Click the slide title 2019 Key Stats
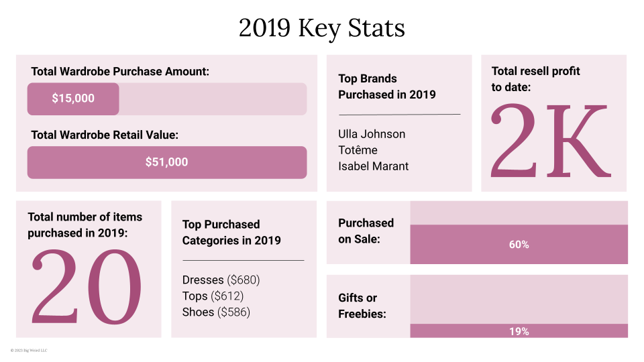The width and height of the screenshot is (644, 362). pyautogui.click(x=322, y=29)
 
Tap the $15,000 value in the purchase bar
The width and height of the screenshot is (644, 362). pyautogui.click(x=73, y=99)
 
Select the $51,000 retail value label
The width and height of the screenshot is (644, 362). pyautogui.click(x=166, y=162)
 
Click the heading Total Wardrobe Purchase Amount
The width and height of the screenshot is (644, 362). pyautogui.click(x=120, y=71)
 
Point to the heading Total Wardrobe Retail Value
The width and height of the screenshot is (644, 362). pyautogui.click(x=105, y=135)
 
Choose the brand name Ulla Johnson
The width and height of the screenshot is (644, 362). pyautogui.click(x=372, y=134)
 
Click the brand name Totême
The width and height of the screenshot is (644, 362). pyautogui.click(x=358, y=150)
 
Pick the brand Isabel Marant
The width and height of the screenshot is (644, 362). pyautogui.click(x=373, y=166)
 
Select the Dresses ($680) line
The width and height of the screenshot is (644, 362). pyautogui.click(x=221, y=280)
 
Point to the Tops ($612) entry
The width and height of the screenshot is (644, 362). pyautogui.click(x=213, y=296)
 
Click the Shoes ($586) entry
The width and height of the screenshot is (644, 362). pyautogui.click(x=216, y=312)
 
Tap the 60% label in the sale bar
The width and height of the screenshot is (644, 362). pyautogui.click(x=519, y=245)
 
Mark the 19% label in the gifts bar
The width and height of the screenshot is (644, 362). pyautogui.click(x=519, y=331)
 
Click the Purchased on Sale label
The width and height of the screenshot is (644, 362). pyautogui.click(x=366, y=231)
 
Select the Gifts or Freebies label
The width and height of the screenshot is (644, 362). pyautogui.click(x=362, y=306)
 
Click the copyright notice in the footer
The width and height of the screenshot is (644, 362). pyautogui.click(x=29, y=350)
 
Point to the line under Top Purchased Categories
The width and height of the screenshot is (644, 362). pyautogui.click(x=243, y=260)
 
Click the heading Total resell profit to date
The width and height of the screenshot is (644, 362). pyautogui.click(x=535, y=78)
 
